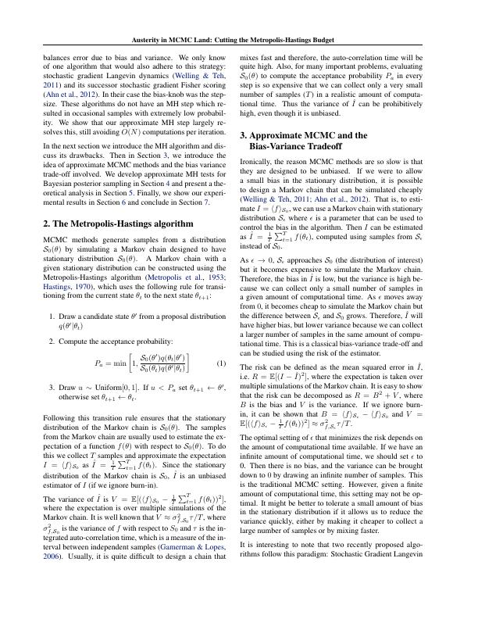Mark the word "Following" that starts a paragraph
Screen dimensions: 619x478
(61, 397)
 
